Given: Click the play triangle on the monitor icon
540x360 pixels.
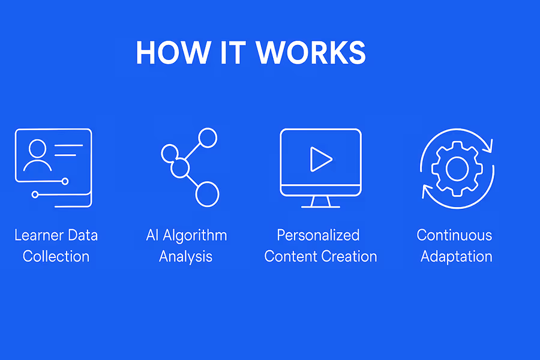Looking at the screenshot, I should [320, 159].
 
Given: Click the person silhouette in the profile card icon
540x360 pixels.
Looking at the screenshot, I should [37, 156].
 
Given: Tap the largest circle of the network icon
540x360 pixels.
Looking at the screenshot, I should [207, 194].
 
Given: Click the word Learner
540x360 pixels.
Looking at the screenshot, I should [39, 235].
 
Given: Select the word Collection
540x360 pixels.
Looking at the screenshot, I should [56, 256].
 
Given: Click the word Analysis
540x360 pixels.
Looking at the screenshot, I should [185, 256].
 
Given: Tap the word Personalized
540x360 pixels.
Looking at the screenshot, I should [318, 235].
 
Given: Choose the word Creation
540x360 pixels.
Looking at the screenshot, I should [349, 256].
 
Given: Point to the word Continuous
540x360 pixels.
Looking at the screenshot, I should [454, 235].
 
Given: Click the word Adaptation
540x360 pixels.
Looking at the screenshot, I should [456, 256].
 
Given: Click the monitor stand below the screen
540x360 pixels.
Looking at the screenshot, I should [320, 203].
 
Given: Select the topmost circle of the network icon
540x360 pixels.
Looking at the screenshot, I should [208, 138].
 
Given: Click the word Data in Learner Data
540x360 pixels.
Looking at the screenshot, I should [83, 235].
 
